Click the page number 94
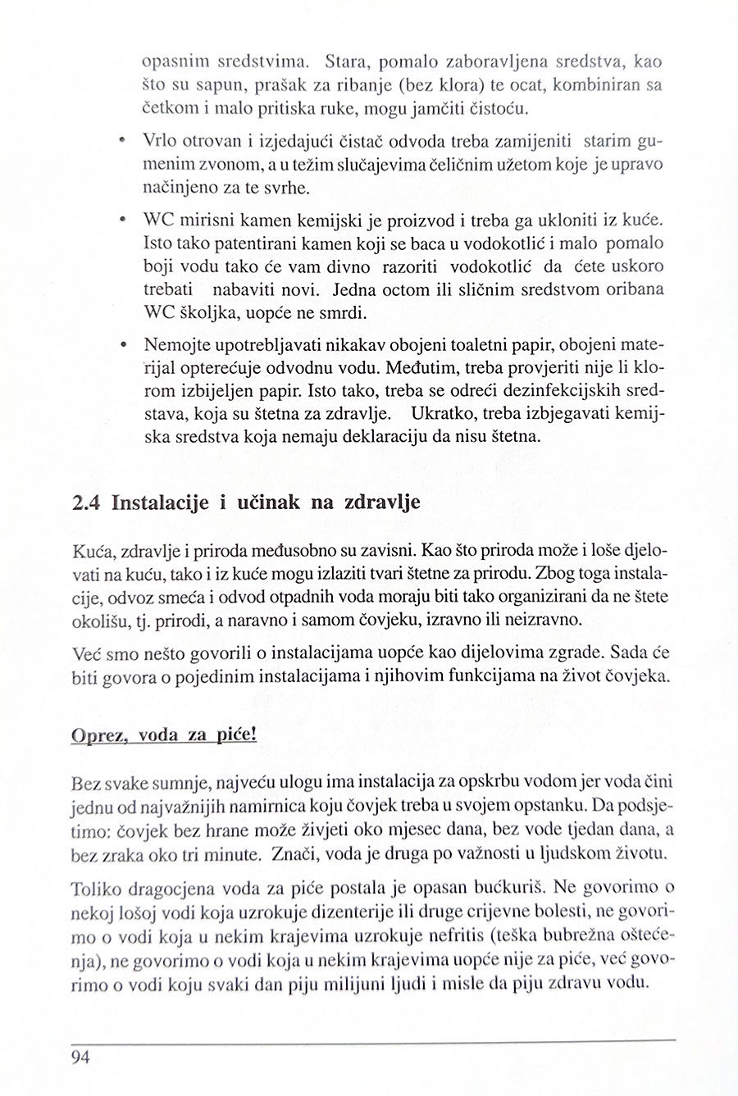tap(80, 1056)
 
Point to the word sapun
tap(204, 84)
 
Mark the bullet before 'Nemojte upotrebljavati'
tap(121, 343)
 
